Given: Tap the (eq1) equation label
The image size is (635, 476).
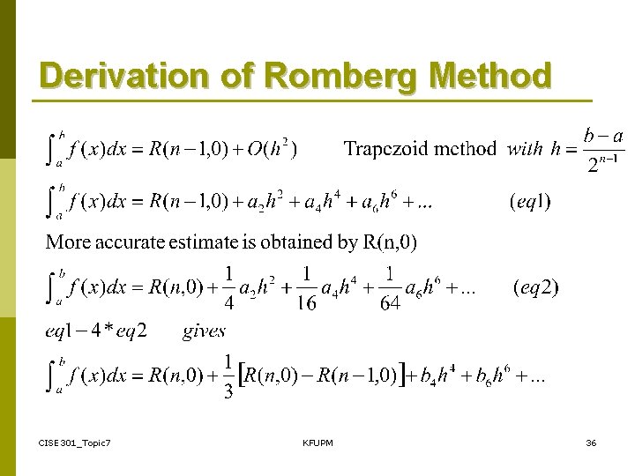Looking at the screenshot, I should (x=530, y=202).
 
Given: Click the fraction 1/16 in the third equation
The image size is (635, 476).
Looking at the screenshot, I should (x=307, y=288).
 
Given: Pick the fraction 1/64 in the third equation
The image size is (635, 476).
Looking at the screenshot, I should (x=389, y=288).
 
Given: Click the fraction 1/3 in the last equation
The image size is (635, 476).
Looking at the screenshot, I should (x=228, y=377).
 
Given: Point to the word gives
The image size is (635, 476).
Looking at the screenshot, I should (x=204, y=331).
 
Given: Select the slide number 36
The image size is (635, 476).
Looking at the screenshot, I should (x=591, y=442).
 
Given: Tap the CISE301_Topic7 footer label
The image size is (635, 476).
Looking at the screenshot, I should (x=75, y=442).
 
